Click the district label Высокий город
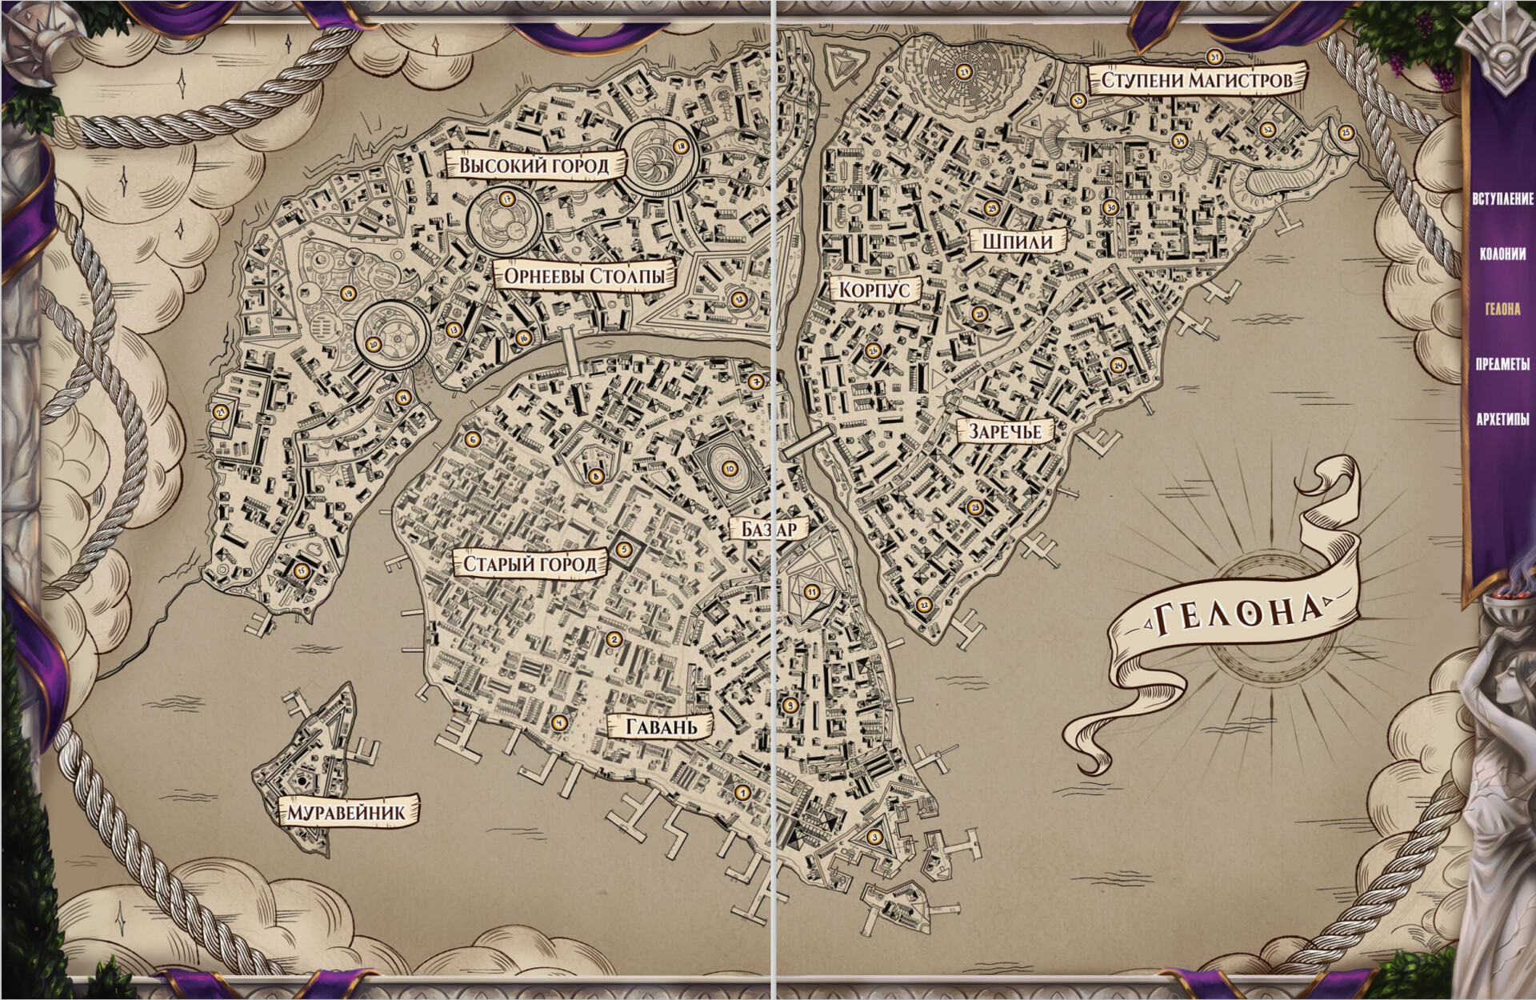[534, 166]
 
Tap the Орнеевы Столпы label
[586, 277]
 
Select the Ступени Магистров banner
[1197, 80]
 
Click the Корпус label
[875, 290]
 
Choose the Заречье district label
[1005, 431]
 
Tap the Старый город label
[530, 564]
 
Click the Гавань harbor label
[659, 726]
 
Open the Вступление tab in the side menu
[1502, 198]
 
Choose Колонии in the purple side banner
[1502, 254]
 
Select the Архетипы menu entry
[1502, 418]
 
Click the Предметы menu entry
[1502, 363]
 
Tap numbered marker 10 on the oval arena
[729, 469]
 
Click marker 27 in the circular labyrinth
[964, 73]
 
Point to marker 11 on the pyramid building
[812, 592]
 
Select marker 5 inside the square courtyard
[626, 550]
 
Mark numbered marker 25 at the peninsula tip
[1346, 133]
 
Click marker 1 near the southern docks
[742, 793]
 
